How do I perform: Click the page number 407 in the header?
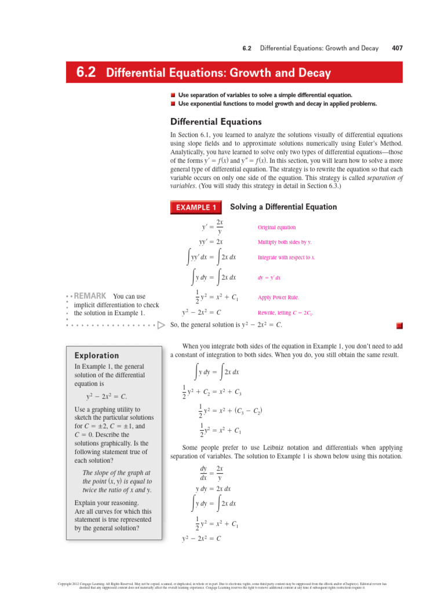[397, 49]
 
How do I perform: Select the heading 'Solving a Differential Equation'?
[283, 207]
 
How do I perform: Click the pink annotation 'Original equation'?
[276, 228]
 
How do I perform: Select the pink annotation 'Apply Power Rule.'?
[278, 298]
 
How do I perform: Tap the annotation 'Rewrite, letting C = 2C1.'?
[285, 313]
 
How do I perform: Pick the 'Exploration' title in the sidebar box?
[97, 356]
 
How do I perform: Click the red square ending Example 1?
[399, 325]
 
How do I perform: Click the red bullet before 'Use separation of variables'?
[173, 94]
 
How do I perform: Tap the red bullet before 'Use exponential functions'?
[173, 104]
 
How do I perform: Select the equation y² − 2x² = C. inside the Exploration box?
[106, 397]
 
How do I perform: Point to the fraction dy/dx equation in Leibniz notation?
[210, 473]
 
